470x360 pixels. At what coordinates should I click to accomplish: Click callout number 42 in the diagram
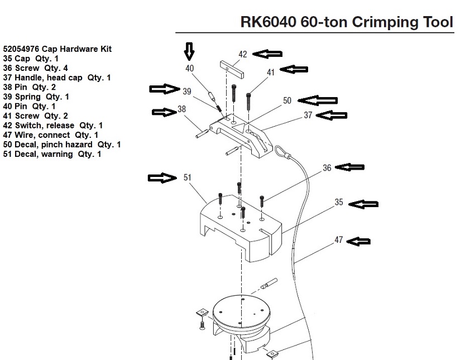(x=242, y=54)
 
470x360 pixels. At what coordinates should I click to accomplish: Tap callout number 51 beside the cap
(x=188, y=177)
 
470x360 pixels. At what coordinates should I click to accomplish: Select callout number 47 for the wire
(x=338, y=240)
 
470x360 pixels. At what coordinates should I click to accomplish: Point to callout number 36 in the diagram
(x=327, y=167)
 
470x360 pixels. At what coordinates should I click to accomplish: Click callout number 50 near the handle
(x=287, y=100)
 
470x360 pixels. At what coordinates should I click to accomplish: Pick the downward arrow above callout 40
(x=189, y=52)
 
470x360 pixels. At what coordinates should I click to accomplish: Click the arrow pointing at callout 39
(x=165, y=89)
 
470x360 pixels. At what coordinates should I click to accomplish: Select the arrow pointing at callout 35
(x=363, y=204)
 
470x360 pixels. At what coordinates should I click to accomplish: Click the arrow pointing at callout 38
(x=165, y=112)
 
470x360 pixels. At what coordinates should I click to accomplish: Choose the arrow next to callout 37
(x=332, y=116)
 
